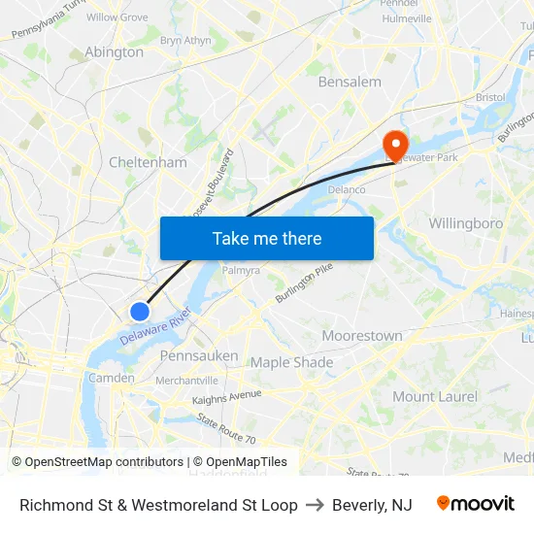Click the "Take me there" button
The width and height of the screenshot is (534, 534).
click(267, 238)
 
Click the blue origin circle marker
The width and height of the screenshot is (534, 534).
click(140, 311)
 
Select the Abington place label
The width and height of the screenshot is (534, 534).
click(114, 52)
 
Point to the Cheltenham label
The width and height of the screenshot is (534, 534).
click(148, 163)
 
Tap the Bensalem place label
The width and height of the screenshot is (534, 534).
click(350, 82)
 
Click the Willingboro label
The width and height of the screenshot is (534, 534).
click(466, 223)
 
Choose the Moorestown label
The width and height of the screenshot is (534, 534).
click(362, 336)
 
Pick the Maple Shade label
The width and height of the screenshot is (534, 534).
click(291, 362)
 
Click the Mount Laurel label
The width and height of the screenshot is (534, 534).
click(435, 396)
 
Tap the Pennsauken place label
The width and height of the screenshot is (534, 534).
click(198, 356)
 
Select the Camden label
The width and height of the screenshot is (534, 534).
click(112, 378)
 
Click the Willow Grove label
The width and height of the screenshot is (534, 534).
click(117, 17)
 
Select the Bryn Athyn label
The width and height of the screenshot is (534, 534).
click(184, 41)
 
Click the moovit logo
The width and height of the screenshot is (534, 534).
click(476, 504)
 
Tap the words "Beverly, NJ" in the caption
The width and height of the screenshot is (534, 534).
click(372, 505)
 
